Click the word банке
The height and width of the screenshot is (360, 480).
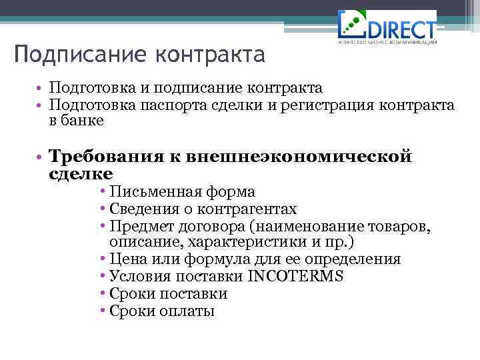click(84, 121)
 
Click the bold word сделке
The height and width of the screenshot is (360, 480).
click(81, 173)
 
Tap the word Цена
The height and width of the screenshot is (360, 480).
click(127, 259)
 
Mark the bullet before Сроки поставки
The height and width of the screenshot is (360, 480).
click(105, 294)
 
